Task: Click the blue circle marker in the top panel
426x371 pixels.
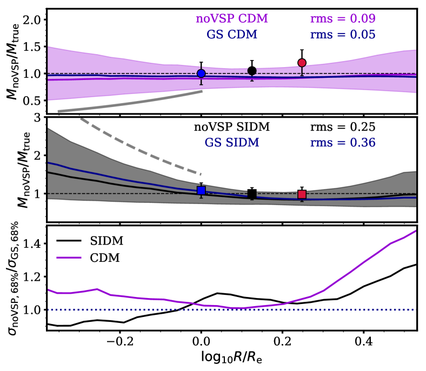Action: coord(201,73)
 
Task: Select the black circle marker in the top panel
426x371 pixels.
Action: coord(252,71)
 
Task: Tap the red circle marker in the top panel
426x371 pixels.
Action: coord(302,63)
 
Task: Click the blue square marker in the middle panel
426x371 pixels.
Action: coord(201,190)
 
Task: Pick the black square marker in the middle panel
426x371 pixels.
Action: coord(252,194)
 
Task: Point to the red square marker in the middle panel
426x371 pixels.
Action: coord(302,194)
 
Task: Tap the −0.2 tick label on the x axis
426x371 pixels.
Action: coord(118,341)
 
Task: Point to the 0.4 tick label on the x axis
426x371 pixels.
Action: coord(364,341)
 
